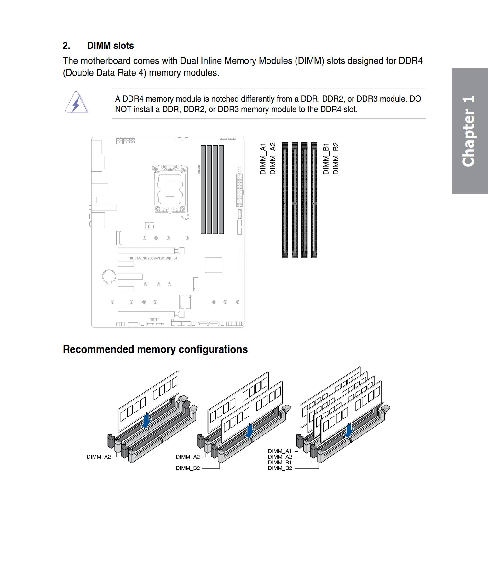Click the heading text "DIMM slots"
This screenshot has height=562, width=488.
click(x=110, y=46)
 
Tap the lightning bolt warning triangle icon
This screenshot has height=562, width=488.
click(x=76, y=103)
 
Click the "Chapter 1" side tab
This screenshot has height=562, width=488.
click(x=470, y=131)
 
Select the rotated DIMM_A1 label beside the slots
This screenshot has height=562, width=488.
click(x=263, y=159)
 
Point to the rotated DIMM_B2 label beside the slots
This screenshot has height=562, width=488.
click(x=336, y=159)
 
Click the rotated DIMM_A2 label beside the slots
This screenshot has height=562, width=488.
click(x=273, y=159)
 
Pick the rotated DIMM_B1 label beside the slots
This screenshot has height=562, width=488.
click(x=326, y=159)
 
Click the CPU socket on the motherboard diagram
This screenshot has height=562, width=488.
click(x=170, y=189)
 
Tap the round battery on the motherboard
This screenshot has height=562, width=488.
click(x=109, y=276)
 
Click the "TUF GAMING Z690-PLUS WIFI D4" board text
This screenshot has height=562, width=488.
click(x=152, y=258)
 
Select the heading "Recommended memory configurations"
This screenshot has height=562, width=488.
click(x=155, y=349)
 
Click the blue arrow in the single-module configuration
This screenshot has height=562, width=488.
click(x=146, y=421)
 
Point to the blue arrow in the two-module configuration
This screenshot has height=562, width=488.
click(x=249, y=431)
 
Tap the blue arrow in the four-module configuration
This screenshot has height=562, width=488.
click(x=348, y=430)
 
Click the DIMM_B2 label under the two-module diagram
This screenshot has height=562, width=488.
click(x=188, y=468)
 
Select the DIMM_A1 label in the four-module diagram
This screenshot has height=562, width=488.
click(x=280, y=451)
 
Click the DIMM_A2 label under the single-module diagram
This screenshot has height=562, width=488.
click(x=99, y=457)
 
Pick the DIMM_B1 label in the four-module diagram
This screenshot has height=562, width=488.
click(x=280, y=463)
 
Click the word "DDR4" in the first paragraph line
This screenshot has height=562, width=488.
click(x=410, y=61)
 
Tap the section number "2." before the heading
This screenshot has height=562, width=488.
click(x=66, y=46)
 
